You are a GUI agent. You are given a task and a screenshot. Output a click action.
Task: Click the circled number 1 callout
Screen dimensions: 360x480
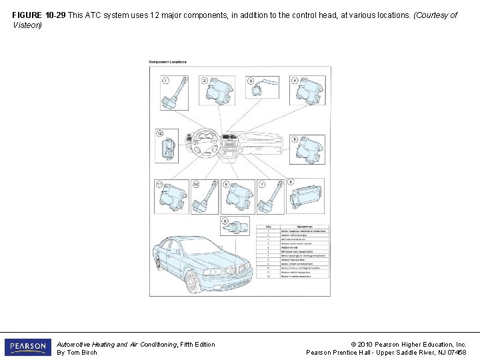tap(165, 81)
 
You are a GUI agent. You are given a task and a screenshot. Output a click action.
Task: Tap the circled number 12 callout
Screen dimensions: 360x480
tap(160, 133)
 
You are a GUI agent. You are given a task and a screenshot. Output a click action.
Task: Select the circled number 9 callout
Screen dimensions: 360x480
tap(226, 221)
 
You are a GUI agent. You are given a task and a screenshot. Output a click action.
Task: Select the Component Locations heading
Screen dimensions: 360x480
tap(167, 62)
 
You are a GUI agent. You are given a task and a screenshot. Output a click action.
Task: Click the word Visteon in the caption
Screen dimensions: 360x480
tap(27, 25)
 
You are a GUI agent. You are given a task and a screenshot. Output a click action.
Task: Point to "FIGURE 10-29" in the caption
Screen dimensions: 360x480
tap(39, 15)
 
